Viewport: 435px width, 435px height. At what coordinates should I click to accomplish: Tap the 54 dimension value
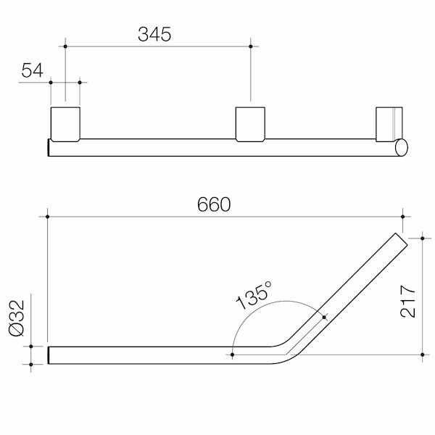(x=32, y=70)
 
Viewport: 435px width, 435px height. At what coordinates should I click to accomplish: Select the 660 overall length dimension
(x=215, y=204)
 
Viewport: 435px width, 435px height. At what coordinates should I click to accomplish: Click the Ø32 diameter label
(x=20, y=315)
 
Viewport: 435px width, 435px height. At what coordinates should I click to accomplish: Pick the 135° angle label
(x=254, y=294)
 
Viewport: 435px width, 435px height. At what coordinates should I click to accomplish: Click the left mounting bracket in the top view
(x=65, y=123)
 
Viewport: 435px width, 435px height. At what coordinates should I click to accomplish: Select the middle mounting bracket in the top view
(x=251, y=123)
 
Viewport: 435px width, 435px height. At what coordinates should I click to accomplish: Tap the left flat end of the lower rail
(x=49, y=355)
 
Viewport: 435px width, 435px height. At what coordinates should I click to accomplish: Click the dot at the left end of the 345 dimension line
(x=65, y=46)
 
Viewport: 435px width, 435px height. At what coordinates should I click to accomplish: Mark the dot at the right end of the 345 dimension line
(x=251, y=46)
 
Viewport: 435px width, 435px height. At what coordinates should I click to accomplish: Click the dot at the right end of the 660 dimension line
(x=402, y=215)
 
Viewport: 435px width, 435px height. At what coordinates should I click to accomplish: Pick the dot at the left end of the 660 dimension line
(x=48, y=215)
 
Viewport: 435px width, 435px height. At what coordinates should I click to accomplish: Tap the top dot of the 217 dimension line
(x=423, y=236)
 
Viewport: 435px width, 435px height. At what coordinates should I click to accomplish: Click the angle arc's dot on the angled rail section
(x=324, y=316)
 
